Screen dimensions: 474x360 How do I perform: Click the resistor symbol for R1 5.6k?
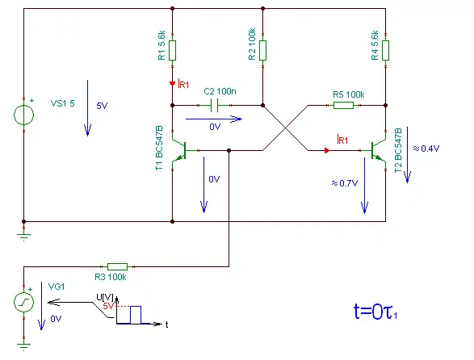pos(172,51)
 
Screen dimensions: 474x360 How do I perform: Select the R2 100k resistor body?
pos(262,51)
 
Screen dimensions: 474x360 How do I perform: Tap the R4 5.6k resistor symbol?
pos(385,51)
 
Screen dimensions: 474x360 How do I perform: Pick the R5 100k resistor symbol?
pos(343,105)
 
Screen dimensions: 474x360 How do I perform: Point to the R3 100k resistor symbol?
pos(118,266)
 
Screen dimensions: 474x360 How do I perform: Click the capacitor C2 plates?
pos(214,105)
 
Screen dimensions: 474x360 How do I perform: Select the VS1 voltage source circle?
pos(24,115)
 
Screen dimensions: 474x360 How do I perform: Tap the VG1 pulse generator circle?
pos(24,302)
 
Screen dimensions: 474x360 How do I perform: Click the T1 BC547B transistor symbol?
pos(179,150)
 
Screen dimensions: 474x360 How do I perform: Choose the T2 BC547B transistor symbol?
pos(378,150)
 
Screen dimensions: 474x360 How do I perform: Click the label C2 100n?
pos(220,91)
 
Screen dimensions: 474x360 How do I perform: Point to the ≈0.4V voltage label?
pos(426,149)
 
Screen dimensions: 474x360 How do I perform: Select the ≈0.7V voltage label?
pos(345,183)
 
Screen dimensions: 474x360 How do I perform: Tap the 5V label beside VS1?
pos(102,106)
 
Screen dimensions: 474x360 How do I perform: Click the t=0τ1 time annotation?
pos(375,312)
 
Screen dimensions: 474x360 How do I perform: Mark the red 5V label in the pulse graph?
pos(108,306)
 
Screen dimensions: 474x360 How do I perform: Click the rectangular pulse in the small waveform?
pos(136,315)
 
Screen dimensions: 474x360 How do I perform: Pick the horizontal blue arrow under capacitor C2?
pos(214,119)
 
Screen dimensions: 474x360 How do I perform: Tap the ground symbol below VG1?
pos(24,345)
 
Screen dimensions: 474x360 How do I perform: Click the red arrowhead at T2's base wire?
pos(326,150)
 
